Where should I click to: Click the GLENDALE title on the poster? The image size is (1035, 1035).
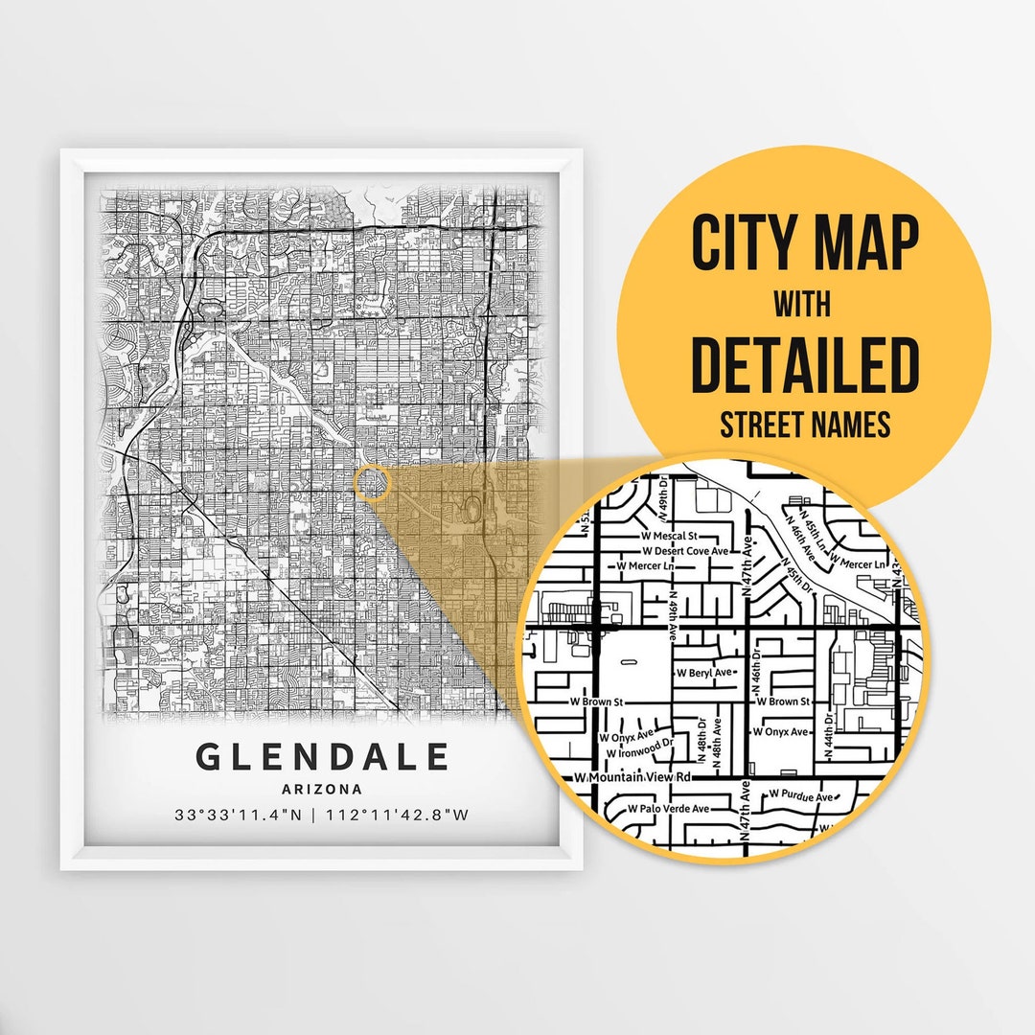pos(322,757)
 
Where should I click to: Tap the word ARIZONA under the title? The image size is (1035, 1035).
pos(322,790)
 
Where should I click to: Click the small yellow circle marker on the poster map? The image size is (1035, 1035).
pos(372,484)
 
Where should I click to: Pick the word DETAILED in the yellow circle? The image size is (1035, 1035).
pos(805,364)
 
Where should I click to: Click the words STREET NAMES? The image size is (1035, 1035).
pos(805,424)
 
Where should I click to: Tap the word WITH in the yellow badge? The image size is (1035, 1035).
pos(803,305)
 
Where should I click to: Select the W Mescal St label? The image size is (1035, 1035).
pos(669,535)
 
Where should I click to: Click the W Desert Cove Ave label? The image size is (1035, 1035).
pos(685,551)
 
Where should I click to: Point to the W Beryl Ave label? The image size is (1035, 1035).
pos(704,673)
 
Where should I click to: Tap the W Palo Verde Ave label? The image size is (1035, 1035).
pos(669,809)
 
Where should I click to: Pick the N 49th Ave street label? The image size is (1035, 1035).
pos(673,611)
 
